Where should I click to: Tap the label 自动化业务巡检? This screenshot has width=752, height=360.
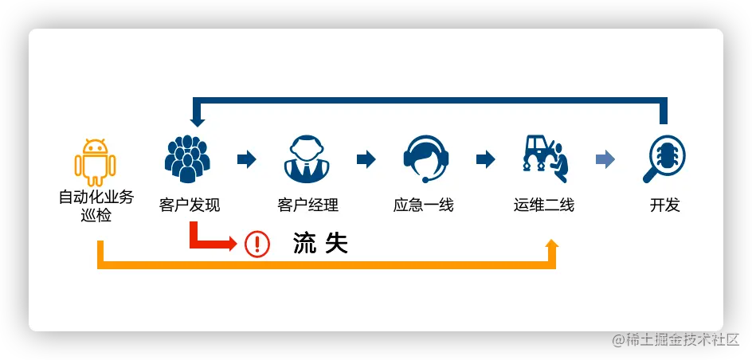point(96,205)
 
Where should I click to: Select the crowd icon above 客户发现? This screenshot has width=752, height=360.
point(187,158)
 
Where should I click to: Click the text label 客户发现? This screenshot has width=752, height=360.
point(189,205)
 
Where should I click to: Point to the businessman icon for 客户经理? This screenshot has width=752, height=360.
point(307,158)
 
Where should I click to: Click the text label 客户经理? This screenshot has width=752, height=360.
point(307,205)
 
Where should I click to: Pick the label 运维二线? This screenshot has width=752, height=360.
point(543,205)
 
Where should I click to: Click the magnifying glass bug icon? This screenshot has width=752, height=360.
point(664,158)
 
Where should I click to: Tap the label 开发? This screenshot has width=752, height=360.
point(664,205)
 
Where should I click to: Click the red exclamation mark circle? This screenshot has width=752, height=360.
point(257,244)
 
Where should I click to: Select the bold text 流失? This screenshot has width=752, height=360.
point(320,244)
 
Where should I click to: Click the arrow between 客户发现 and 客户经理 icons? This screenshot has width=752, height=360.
point(247,159)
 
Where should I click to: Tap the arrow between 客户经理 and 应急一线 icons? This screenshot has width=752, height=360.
point(366,159)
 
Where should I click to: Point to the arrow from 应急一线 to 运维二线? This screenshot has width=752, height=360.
point(486,159)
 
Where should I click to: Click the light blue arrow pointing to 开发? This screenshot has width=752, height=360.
point(605,159)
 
